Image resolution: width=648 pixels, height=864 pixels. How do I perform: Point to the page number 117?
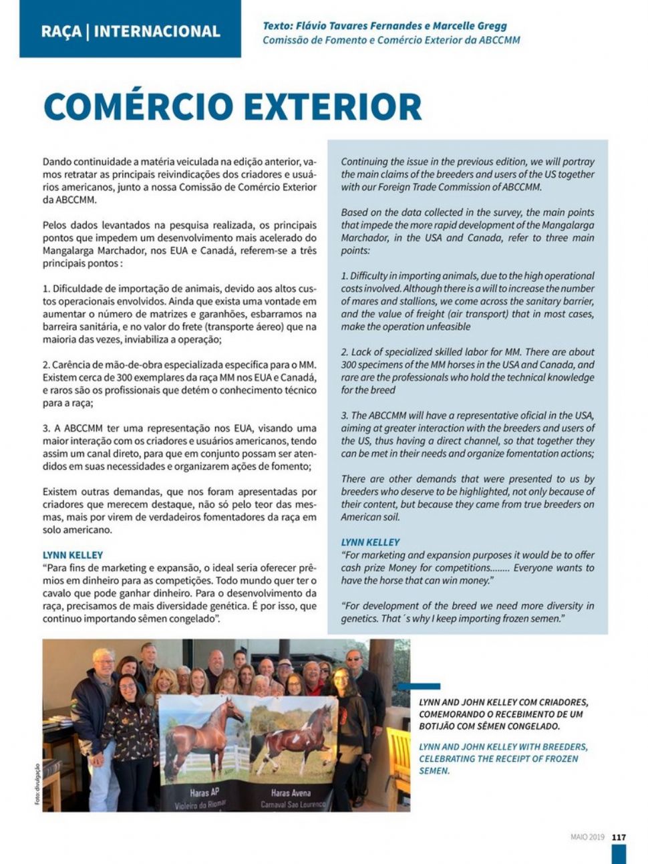[619, 837]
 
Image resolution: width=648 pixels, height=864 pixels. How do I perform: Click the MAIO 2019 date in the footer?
[587, 837]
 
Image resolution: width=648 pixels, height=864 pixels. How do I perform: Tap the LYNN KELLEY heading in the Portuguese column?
[73, 555]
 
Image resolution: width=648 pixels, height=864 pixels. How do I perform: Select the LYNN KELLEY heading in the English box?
[370, 542]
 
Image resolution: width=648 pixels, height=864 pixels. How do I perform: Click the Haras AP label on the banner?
[204, 793]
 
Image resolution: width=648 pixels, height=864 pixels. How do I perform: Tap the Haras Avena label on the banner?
[291, 793]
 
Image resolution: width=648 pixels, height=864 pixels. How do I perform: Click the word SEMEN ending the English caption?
[434, 770]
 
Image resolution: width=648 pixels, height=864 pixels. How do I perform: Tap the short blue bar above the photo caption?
[418, 686]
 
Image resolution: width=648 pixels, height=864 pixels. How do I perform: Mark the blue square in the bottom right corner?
[619, 854]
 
